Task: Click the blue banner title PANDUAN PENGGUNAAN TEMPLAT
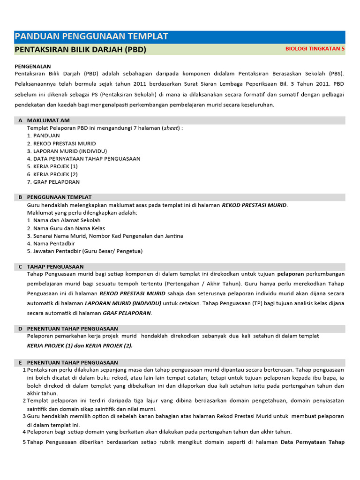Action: (x=91, y=37)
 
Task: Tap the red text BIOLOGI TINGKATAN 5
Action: (x=315, y=49)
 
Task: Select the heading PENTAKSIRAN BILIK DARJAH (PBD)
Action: (x=80, y=49)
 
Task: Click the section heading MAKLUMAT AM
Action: (x=48, y=120)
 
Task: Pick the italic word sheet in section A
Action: (x=171, y=128)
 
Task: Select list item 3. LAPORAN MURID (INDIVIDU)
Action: (x=67, y=151)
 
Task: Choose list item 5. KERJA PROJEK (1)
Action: (x=52, y=166)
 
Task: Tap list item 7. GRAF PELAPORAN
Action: (x=53, y=182)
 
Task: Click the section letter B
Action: (x=20, y=197)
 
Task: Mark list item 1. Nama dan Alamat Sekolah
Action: (x=64, y=220)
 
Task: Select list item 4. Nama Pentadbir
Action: (x=51, y=243)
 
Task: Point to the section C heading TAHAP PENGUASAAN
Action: (x=55, y=266)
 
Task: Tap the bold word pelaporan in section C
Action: (x=291, y=274)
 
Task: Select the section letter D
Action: (x=20, y=329)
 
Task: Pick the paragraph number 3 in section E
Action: (x=24, y=416)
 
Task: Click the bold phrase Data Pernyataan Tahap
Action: (x=312, y=442)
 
